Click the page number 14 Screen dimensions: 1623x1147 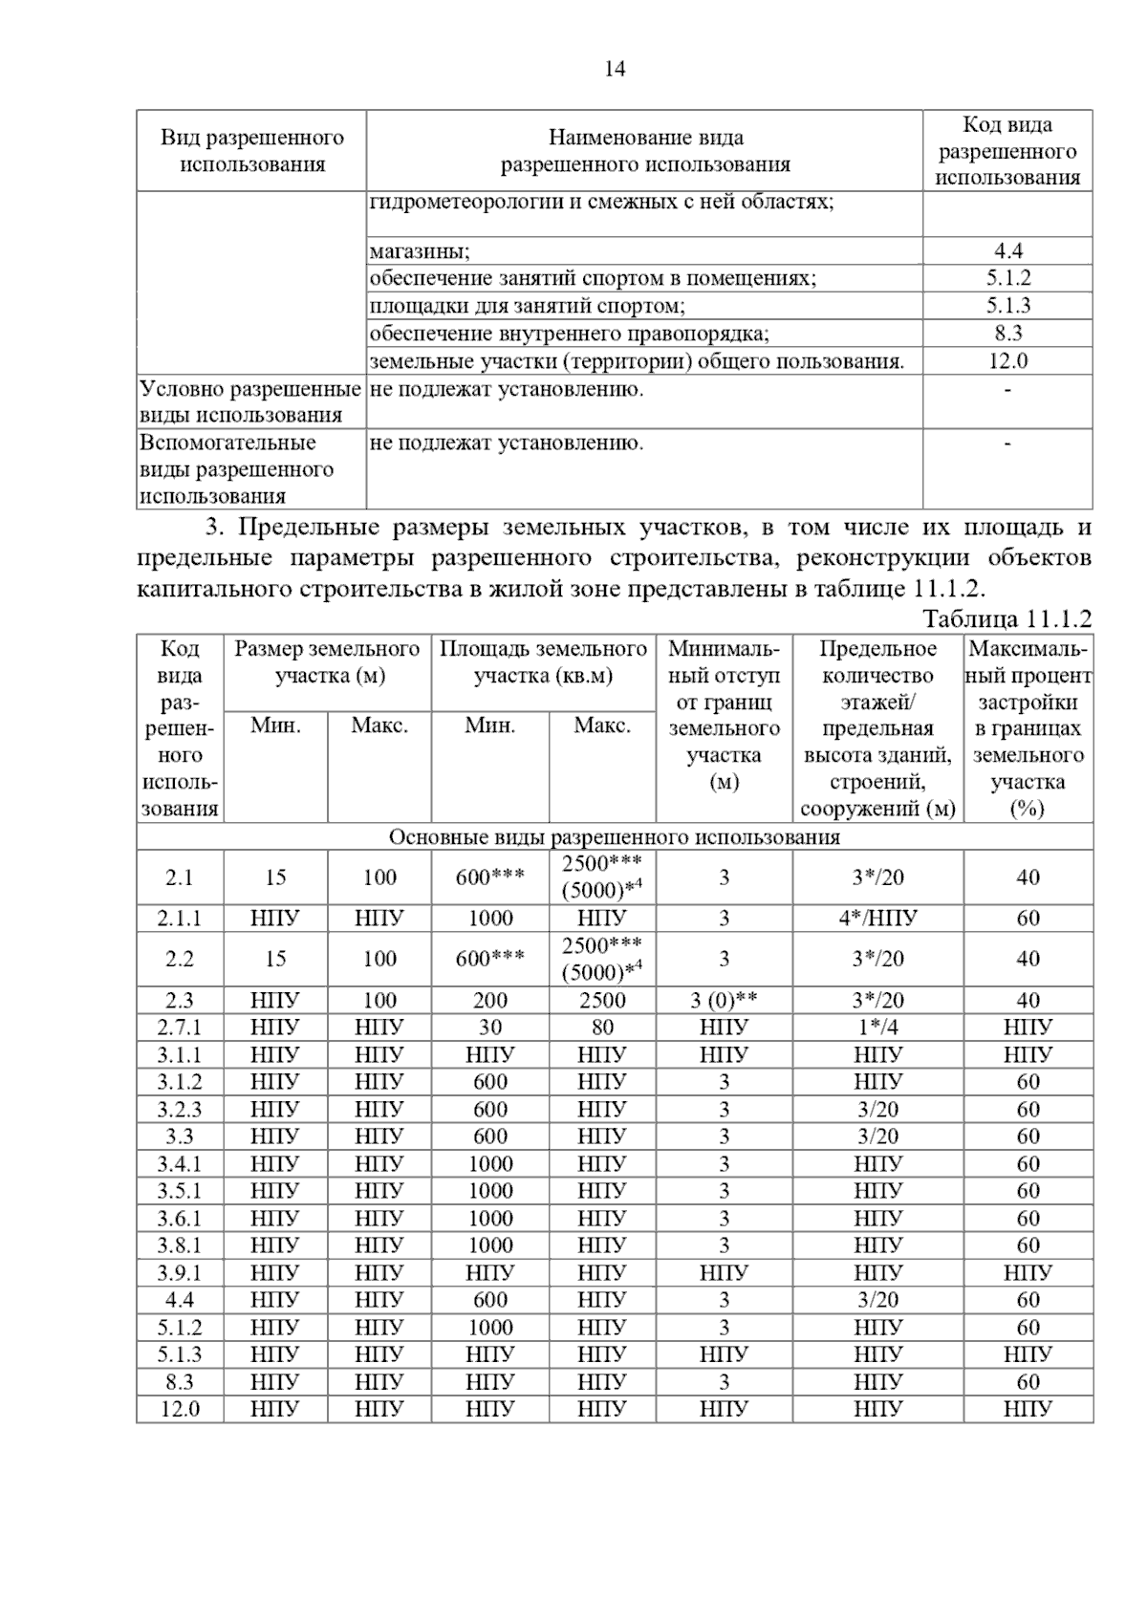coord(615,69)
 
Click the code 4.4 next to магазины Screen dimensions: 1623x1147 coord(1007,251)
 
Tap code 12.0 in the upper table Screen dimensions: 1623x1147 coord(1007,361)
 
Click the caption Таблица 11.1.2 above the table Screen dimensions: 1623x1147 coord(1006,618)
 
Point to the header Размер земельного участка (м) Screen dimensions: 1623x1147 coord(327,662)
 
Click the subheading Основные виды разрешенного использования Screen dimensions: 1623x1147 coord(615,837)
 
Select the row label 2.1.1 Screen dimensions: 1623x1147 coord(180,919)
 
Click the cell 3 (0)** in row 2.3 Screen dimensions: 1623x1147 coord(724,1001)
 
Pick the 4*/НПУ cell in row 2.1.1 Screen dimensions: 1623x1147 coord(877,919)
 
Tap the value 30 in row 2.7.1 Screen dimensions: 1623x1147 coord(490,1028)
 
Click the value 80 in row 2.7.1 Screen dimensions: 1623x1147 coord(602,1028)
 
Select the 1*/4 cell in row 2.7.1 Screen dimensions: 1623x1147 coord(877,1028)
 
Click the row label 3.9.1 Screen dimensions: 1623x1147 coord(180,1273)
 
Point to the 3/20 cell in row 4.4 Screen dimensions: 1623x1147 coord(877,1300)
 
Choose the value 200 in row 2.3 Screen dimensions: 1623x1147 coord(490,1001)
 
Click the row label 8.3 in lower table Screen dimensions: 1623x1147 coord(180,1382)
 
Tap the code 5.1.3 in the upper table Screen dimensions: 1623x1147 coord(1007,306)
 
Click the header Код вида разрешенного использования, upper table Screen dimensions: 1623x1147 coord(1007,151)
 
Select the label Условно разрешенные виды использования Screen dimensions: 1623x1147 coord(250,401)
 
